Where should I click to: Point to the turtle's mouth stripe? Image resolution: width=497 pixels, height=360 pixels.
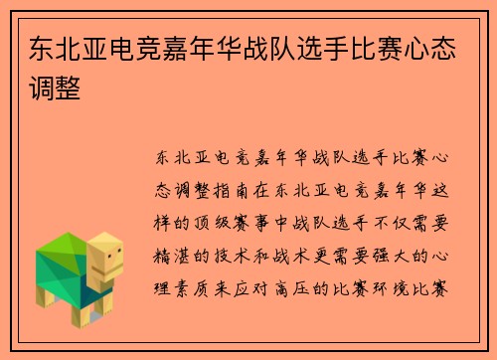(112, 270)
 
